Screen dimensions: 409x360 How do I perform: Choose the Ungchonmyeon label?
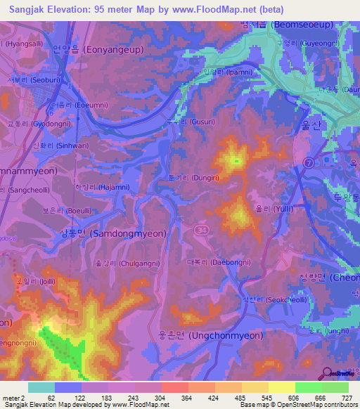(219, 335)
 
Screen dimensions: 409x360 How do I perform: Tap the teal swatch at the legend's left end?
(41, 387)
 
